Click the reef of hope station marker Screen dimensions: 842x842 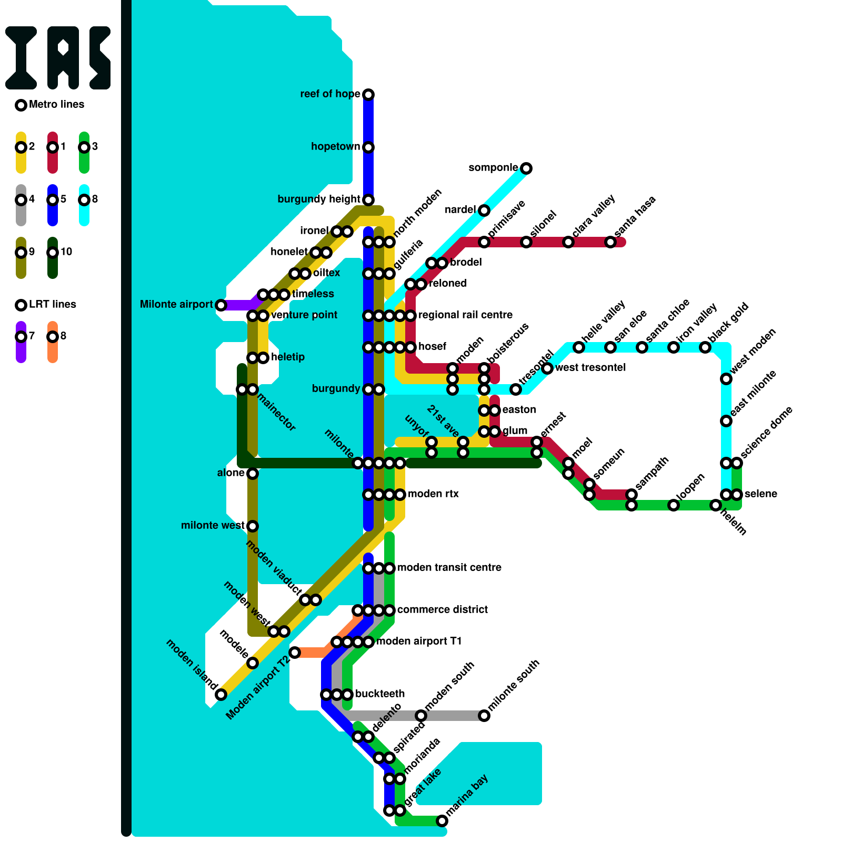pyautogui.click(x=368, y=95)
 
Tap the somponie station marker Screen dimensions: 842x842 pyautogui.click(x=526, y=168)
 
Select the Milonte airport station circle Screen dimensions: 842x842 pyautogui.click(x=221, y=305)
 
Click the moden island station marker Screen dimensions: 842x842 pyautogui.click(x=221, y=695)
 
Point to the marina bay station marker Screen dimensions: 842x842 pyautogui.click(x=442, y=821)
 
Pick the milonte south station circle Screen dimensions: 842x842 pyautogui.click(x=484, y=716)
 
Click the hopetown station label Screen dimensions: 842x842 pyautogui.click(x=335, y=146)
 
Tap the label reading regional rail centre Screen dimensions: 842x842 pyautogui.click(x=465, y=315)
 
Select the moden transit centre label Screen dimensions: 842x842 pyautogui.click(x=449, y=567)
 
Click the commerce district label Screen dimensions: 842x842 pyautogui.click(x=442, y=609)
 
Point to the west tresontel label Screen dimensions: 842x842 pyautogui.click(x=590, y=367)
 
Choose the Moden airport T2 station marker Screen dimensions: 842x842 pyautogui.click(x=295, y=653)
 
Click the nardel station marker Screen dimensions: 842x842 pyautogui.click(x=484, y=210)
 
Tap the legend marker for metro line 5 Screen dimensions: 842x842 pyautogui.click(x=53, y=200)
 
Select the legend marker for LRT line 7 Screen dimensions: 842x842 pyautogui.click(x=21, y=337)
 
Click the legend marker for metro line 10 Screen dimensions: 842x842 pyautogui.click(x=53, y=253)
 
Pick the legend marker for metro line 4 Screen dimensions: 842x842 pyautogui.click(x=21, y=200)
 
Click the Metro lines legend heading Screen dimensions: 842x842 pyautogui.click(x=56, y=104)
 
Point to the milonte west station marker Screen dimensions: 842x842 pyautogui.click(x=253, y=526)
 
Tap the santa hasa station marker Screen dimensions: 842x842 pyautogui.click(x=610, y=242)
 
